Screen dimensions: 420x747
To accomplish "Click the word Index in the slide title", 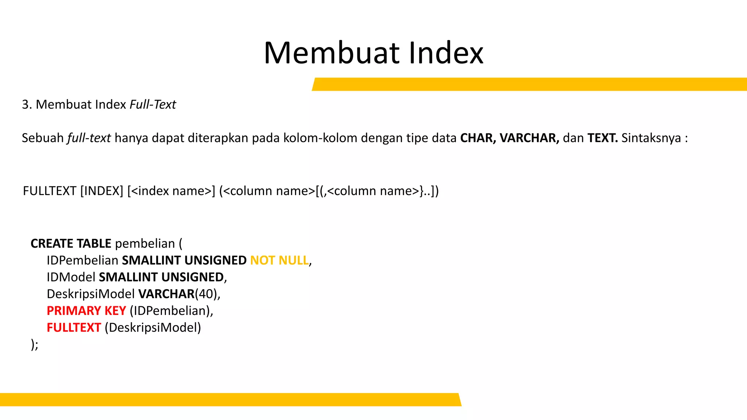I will [446, 53].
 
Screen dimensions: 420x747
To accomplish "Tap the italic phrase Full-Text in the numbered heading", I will [153, 105].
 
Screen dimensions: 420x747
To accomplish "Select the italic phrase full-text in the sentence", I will [89, 138].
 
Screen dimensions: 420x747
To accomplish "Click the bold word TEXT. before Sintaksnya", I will [602, 138].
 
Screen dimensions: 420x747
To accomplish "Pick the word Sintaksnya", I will [651, 138].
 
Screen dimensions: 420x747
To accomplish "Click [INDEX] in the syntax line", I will [102, 191].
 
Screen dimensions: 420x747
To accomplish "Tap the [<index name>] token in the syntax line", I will [171, 191].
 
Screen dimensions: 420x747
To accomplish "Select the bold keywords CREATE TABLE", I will [71, 244].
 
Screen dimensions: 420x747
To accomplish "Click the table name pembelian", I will [145, 244].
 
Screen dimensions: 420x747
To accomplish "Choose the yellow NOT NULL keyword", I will [279, 260].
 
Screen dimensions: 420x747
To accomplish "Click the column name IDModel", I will [71, 277].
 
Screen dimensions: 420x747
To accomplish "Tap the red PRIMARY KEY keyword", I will [86, 311].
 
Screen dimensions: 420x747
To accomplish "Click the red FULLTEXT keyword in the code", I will [74, 327].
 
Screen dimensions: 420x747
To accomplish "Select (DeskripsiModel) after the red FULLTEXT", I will [153, 327].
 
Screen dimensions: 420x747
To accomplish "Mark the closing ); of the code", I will [35, 344].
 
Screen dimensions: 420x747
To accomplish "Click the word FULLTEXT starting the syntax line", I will [50, 191].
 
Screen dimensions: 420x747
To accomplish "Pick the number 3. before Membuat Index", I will [27, 105].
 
